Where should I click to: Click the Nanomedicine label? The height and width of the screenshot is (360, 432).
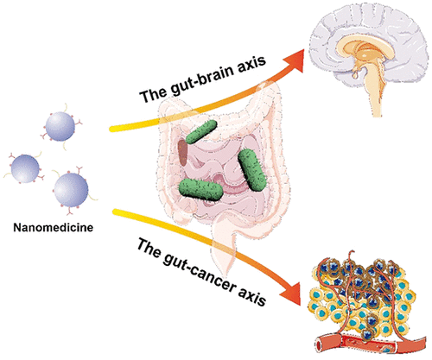click(54, 227)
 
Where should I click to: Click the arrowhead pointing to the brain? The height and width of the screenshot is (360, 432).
click(294, 60)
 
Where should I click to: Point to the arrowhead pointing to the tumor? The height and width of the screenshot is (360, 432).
click(291, 293)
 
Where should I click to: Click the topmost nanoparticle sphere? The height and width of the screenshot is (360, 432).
click(60, 126)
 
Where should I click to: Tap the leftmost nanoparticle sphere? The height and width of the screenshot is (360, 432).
click(25, 168)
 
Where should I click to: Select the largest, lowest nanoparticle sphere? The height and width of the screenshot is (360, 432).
click(71, 190)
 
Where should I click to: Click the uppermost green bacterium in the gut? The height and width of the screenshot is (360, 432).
click(201, 132)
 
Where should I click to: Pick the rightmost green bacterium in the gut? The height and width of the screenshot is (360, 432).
click(252, 170)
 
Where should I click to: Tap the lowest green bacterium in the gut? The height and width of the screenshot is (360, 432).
click(200, 189)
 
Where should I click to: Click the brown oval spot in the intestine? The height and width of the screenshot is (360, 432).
click(182, 153)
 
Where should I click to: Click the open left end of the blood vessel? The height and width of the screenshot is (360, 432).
click(320, 344)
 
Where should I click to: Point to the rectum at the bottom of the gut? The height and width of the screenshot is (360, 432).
click(224, 253)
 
